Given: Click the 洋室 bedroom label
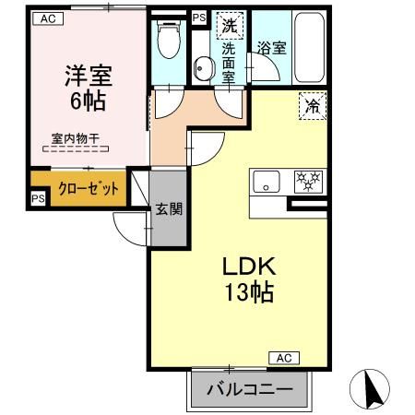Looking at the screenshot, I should pos(84,75).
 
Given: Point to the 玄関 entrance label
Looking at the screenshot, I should pos(167,208).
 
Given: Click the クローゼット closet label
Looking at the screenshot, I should pos(89,189).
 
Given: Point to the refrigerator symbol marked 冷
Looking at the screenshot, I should pos(314,107).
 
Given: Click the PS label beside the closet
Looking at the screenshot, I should pos(38,198).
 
